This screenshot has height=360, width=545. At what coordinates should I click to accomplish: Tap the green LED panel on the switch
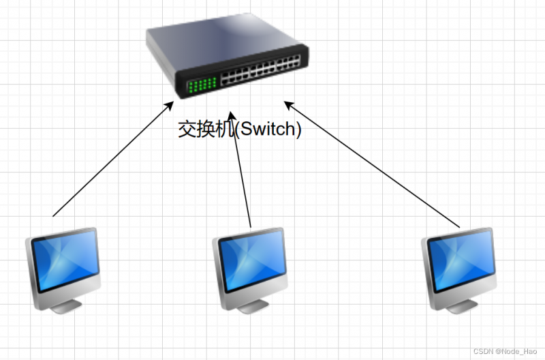click(202, 86)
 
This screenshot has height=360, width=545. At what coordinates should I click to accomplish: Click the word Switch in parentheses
click(268, 129)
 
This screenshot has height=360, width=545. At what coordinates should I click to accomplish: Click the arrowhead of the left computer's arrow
click(170, 105)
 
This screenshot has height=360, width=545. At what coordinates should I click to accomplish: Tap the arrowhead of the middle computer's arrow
click(232, 116)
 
